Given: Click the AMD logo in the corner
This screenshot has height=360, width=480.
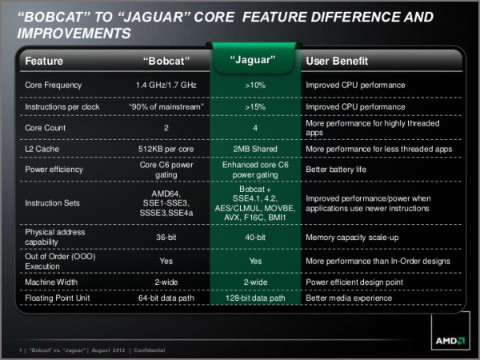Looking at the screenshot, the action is coord(450,341).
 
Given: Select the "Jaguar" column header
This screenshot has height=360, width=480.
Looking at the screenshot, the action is coord(253,60).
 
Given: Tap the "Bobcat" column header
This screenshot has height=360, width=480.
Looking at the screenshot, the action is coord(166,61).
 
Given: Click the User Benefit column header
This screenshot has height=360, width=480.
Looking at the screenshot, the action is coord(337,61).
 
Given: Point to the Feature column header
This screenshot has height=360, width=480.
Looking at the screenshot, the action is coord(44,61).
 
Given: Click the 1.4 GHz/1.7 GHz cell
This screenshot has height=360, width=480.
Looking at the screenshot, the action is coord(166,85).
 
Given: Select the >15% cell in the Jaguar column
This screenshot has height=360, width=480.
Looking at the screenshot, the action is coord(255,107).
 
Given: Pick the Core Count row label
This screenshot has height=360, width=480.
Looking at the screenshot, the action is coord(46,128).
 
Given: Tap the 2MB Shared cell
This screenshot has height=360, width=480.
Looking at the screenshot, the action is coord(255,149).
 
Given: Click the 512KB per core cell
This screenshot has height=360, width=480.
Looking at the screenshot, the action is coord(166,149).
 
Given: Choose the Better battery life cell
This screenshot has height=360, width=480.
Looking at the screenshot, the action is coord(336,170).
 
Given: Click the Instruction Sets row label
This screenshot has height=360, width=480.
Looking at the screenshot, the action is coord(52,203).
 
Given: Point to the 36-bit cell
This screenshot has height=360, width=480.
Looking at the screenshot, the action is coord(166,238).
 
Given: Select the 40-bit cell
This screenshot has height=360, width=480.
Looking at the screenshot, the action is coord(255,238).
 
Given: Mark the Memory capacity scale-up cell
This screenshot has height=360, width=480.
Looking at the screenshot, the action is coord(352,238).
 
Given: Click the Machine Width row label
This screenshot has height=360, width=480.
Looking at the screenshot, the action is coord(51,282).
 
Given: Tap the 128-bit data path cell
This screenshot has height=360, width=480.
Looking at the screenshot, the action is coord(255,298).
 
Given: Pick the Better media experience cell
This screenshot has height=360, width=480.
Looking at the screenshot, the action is coord(349,298).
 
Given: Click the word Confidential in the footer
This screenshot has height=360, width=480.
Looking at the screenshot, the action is coord(150,350).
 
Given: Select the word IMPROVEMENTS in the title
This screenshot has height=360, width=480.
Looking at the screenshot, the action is coord(74,33).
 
